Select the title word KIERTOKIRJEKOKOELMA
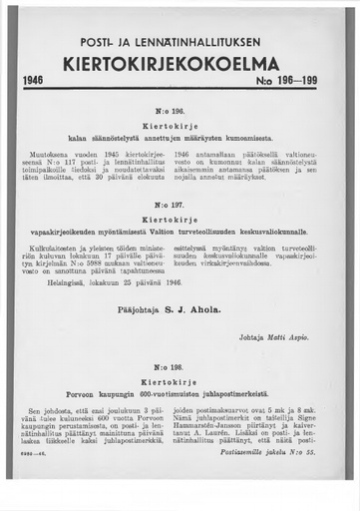click(180, 62)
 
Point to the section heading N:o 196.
click(180, 114)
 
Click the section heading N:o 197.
click(180, 206)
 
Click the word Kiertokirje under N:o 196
click(180, 128)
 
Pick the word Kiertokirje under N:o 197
click(180, 219)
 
